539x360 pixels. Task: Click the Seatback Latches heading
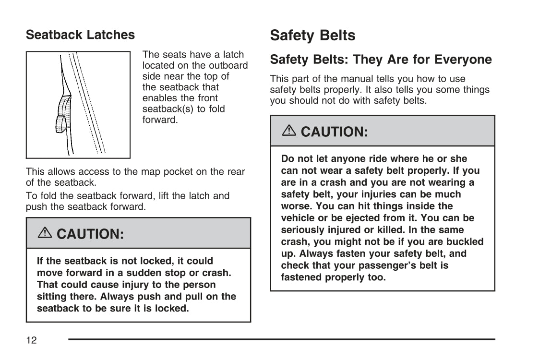click(80, 35)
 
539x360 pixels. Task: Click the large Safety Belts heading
click(312, 35)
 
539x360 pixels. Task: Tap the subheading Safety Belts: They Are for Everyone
click(381, 60)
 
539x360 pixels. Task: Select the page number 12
click(31, 340)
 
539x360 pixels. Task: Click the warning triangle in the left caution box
click(45, 233)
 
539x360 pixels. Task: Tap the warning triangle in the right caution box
click(289, 131)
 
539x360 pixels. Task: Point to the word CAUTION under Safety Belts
click(334, 132)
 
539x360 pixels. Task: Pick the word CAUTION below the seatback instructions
click(90, 234)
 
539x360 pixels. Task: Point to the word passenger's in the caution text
click(388, 265)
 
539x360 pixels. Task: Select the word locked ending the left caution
click(173, 308)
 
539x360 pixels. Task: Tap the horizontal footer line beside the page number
click(281, 339)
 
